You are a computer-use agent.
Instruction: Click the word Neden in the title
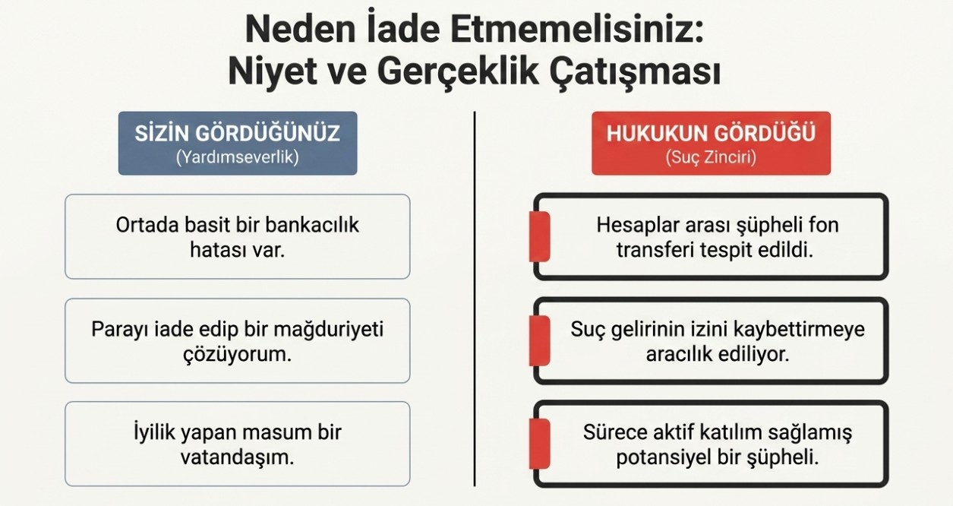point(300,30)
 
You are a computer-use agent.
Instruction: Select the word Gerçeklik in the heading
point(458,72)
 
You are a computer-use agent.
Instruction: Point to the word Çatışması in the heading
point(635,72)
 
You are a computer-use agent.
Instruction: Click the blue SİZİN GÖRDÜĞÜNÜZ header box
point(238,143)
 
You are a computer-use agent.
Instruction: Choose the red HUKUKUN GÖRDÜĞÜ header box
point(711,143)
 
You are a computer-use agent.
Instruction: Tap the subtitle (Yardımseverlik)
point(238,157)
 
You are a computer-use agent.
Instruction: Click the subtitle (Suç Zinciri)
point(711,157)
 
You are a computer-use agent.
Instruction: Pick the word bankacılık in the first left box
point(312,225)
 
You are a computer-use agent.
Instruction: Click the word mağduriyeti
point(328,330)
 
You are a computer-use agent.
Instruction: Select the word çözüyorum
point(238,355)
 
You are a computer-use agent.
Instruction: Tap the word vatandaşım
point(238,457)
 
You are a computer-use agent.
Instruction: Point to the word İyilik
point(154,432)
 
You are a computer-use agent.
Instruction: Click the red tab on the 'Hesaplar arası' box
point(539,236)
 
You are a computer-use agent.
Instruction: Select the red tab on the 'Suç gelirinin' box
point(539,340)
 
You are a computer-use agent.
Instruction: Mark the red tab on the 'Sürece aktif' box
point(539,444)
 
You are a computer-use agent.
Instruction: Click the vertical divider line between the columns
point(475,299)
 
